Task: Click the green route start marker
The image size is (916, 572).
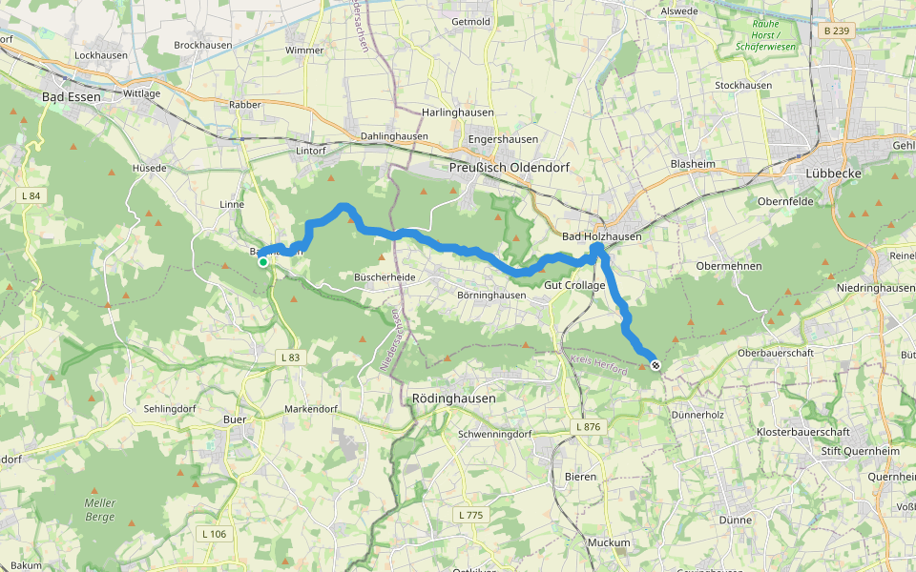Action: (263, 262)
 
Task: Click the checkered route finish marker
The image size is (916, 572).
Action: (655, 365)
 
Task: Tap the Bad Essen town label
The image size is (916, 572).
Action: (72, 96)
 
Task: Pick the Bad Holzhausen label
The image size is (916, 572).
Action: (601, 235)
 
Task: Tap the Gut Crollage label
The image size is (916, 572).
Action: (574, 285)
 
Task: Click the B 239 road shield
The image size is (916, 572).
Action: (835, 31)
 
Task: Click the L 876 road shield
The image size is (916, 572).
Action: (587, 427)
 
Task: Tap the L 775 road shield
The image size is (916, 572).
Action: (470, 515)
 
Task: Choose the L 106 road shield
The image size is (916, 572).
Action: (214, 534)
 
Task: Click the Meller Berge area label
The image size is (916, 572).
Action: (99, 510)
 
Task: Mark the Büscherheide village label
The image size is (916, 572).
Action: (385, 276)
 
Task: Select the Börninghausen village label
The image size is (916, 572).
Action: (491, 296)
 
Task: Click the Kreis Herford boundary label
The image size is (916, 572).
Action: (598, 364)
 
